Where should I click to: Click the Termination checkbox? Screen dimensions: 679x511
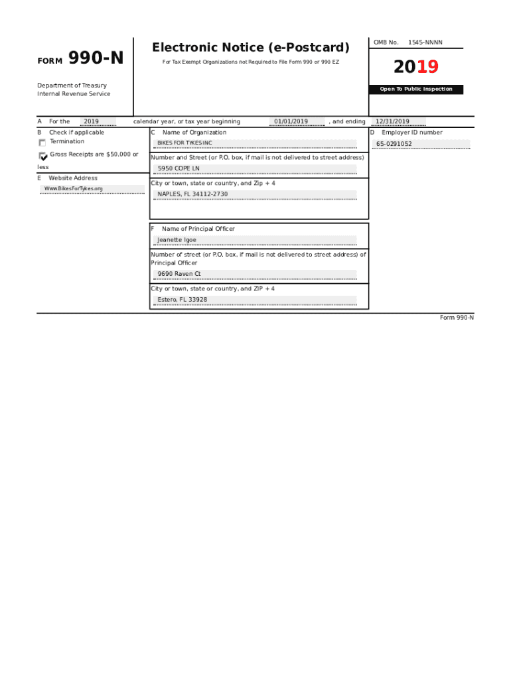(42, 143)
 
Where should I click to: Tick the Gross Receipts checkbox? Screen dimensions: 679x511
(43, 156)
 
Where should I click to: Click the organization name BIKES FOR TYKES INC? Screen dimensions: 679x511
(184, 143)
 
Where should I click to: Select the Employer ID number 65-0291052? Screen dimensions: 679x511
(394, 144)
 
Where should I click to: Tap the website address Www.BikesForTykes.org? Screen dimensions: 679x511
(74, 189)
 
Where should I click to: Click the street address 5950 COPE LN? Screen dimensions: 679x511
(179, 168)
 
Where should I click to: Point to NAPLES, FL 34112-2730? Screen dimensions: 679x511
(192, 194)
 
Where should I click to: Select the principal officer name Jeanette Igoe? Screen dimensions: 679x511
(177, 240)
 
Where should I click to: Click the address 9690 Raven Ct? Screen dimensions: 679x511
(179, 274)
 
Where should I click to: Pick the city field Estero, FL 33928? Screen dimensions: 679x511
(183, 300)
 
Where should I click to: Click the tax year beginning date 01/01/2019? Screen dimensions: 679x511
(291, 122)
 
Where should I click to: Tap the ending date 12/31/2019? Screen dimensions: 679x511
(392, 122)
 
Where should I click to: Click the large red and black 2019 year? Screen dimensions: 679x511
(415, 67)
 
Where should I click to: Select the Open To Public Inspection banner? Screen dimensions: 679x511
(416, 90)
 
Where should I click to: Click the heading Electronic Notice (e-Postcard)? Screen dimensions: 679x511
(250, 48)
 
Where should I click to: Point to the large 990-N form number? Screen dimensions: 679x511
(96, 59)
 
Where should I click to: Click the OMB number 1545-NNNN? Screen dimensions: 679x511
(425, 43)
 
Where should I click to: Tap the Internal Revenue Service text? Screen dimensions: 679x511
(74, 94)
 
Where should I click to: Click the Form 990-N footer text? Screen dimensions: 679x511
(457, 318)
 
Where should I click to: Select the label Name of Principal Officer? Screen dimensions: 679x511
(198, 229)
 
